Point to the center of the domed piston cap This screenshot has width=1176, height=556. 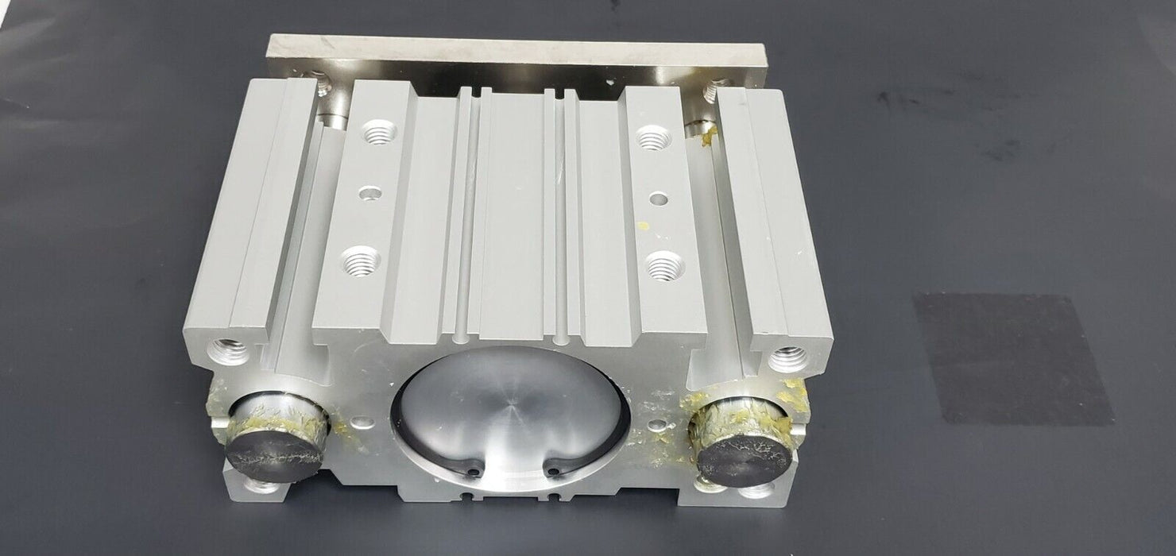(x=511, y=419)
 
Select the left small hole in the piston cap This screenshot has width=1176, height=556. (x=473, y=471)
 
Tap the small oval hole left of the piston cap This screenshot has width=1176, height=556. (x=362, y=423)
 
